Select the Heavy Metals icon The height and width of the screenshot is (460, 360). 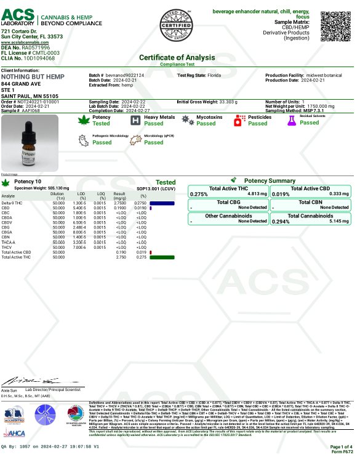[x=134, y=120]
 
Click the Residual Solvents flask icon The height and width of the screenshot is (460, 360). [x=292, y=120]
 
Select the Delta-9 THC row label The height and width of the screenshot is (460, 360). [x=12, y=203]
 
